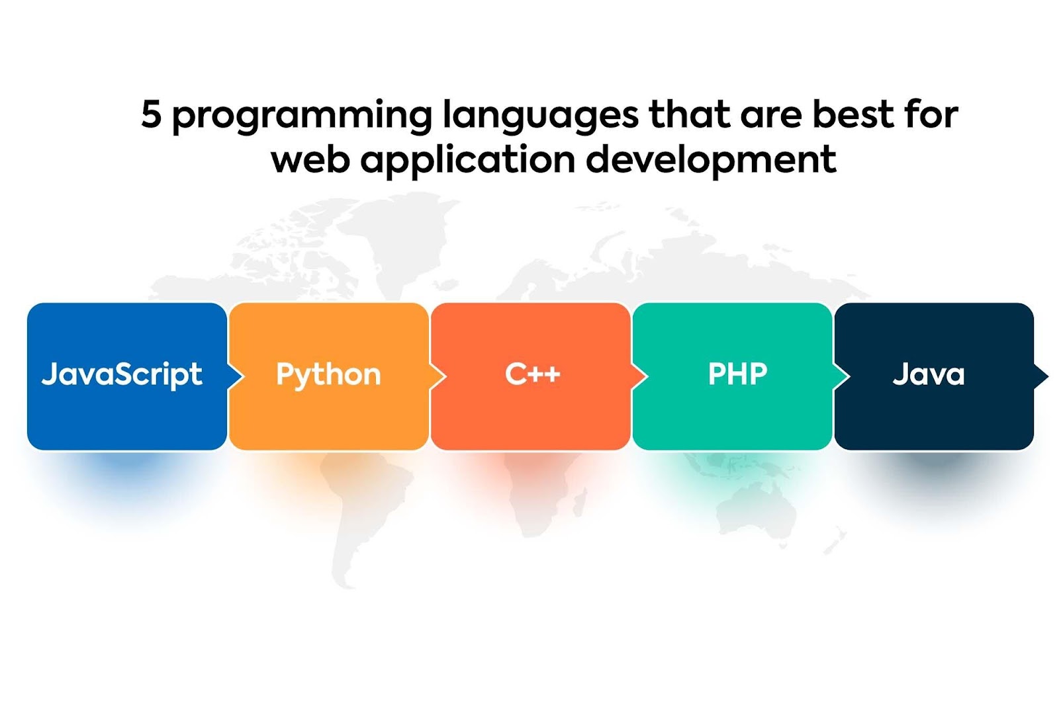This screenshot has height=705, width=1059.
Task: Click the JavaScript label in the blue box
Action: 122,375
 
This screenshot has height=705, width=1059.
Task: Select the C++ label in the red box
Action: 532,374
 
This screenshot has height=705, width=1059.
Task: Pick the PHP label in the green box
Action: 737,374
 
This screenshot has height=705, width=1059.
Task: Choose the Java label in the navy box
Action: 929,375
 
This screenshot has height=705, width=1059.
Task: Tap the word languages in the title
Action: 540,116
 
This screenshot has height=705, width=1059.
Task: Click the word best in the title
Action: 853,113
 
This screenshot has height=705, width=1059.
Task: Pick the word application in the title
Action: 468,161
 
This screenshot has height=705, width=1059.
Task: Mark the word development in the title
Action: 712,161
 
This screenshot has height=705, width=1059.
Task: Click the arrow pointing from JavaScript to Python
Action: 236,376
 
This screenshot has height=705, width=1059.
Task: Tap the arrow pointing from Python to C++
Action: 438,376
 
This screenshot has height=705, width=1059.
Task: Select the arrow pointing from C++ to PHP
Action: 640,376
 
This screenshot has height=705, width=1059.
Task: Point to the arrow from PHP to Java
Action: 842,376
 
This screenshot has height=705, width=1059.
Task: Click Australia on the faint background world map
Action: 757,513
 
